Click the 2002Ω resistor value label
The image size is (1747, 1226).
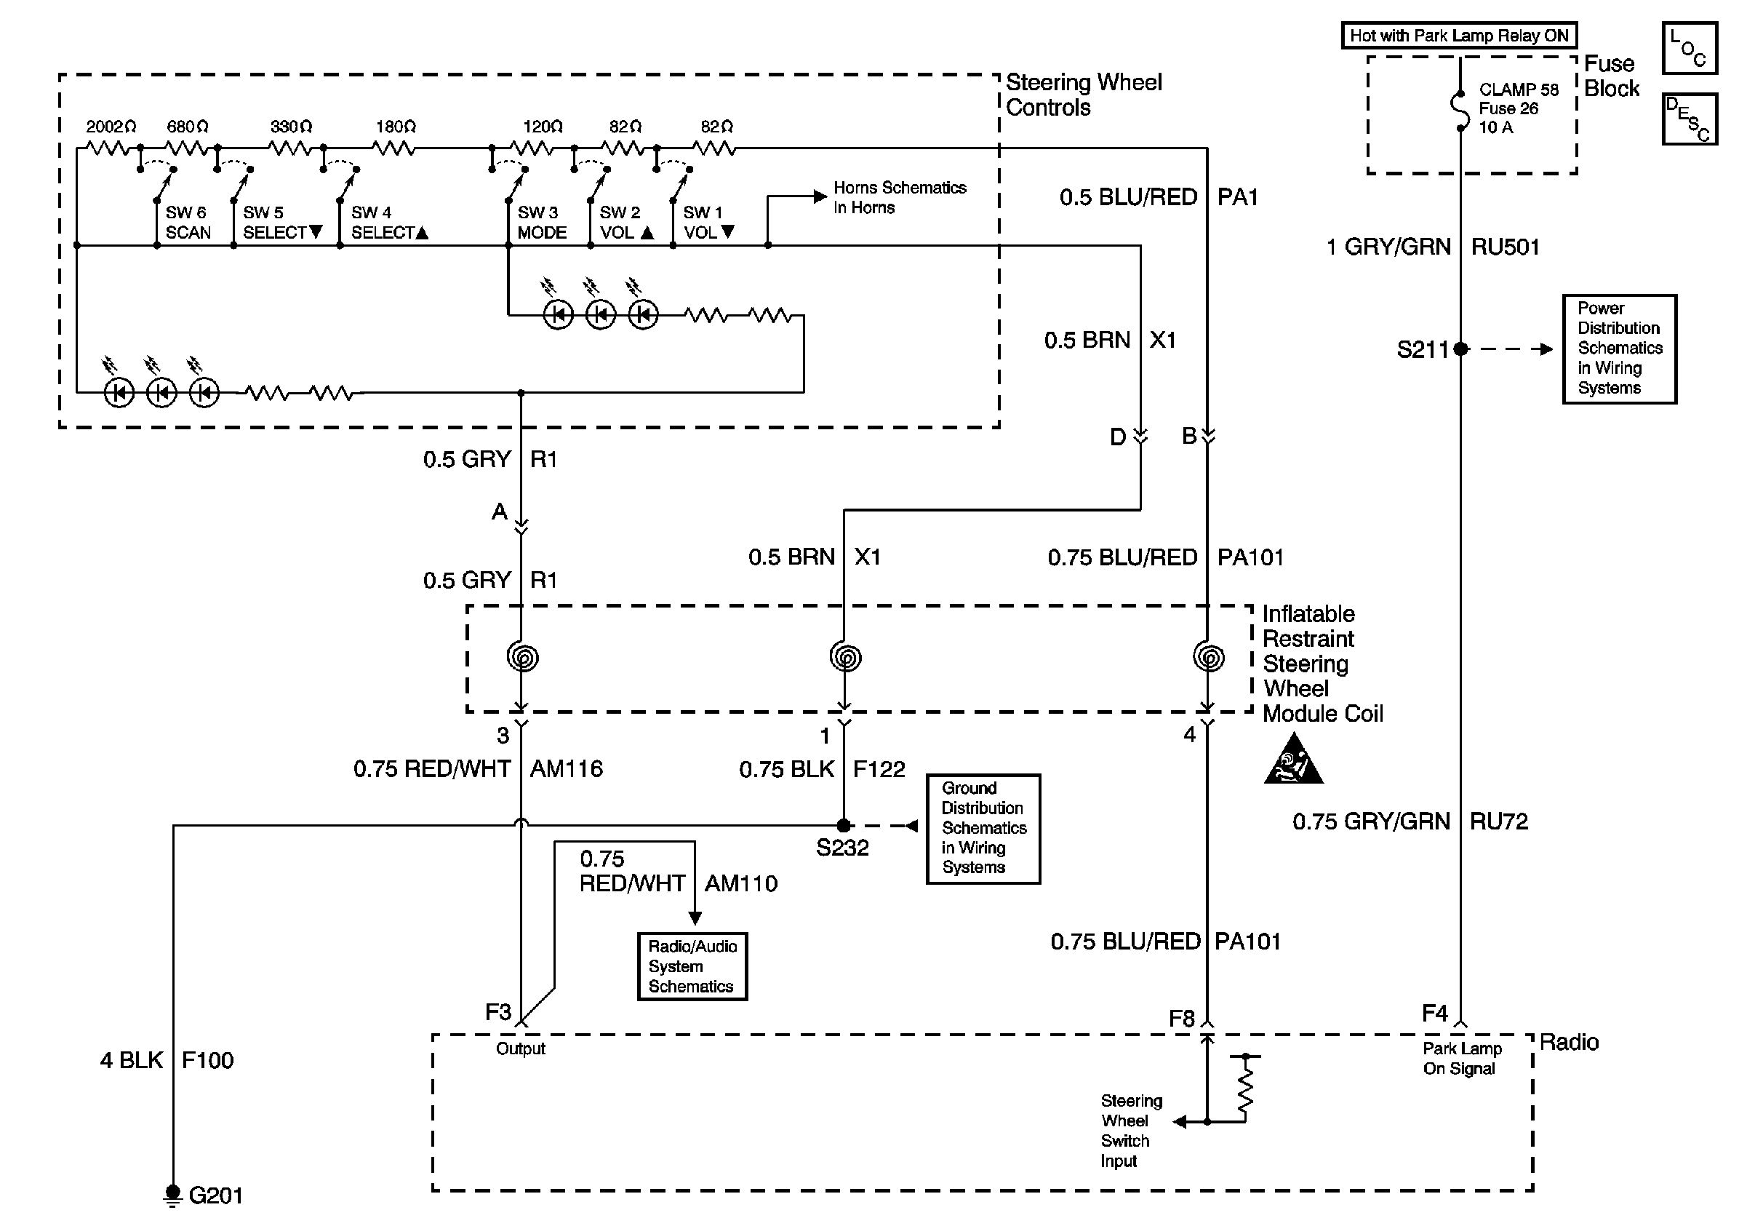[111, 127]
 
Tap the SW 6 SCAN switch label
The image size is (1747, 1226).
[187, 222]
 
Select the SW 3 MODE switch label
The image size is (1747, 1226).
[542, 222]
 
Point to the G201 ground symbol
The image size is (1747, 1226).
[174, 1195]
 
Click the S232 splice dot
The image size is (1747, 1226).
[843, 825]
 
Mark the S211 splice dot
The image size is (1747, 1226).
[1460, 349]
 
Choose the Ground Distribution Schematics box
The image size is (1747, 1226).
[983, 828]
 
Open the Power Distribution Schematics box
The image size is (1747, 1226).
[1619, 349]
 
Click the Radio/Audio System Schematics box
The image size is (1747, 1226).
[692, 966]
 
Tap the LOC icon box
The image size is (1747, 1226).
[1689, 48]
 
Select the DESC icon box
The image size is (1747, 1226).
[1689, 119]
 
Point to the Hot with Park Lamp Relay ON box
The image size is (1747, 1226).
[1459, 36]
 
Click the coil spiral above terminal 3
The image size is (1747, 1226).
[523, 657]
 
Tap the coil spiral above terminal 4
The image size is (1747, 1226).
[1208, 657]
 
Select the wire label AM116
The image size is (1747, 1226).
[566, 768]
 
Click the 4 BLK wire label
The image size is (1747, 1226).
[132, 1060]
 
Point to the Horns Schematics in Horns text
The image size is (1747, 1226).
[900, 197]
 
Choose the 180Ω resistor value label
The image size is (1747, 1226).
[396, 127]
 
